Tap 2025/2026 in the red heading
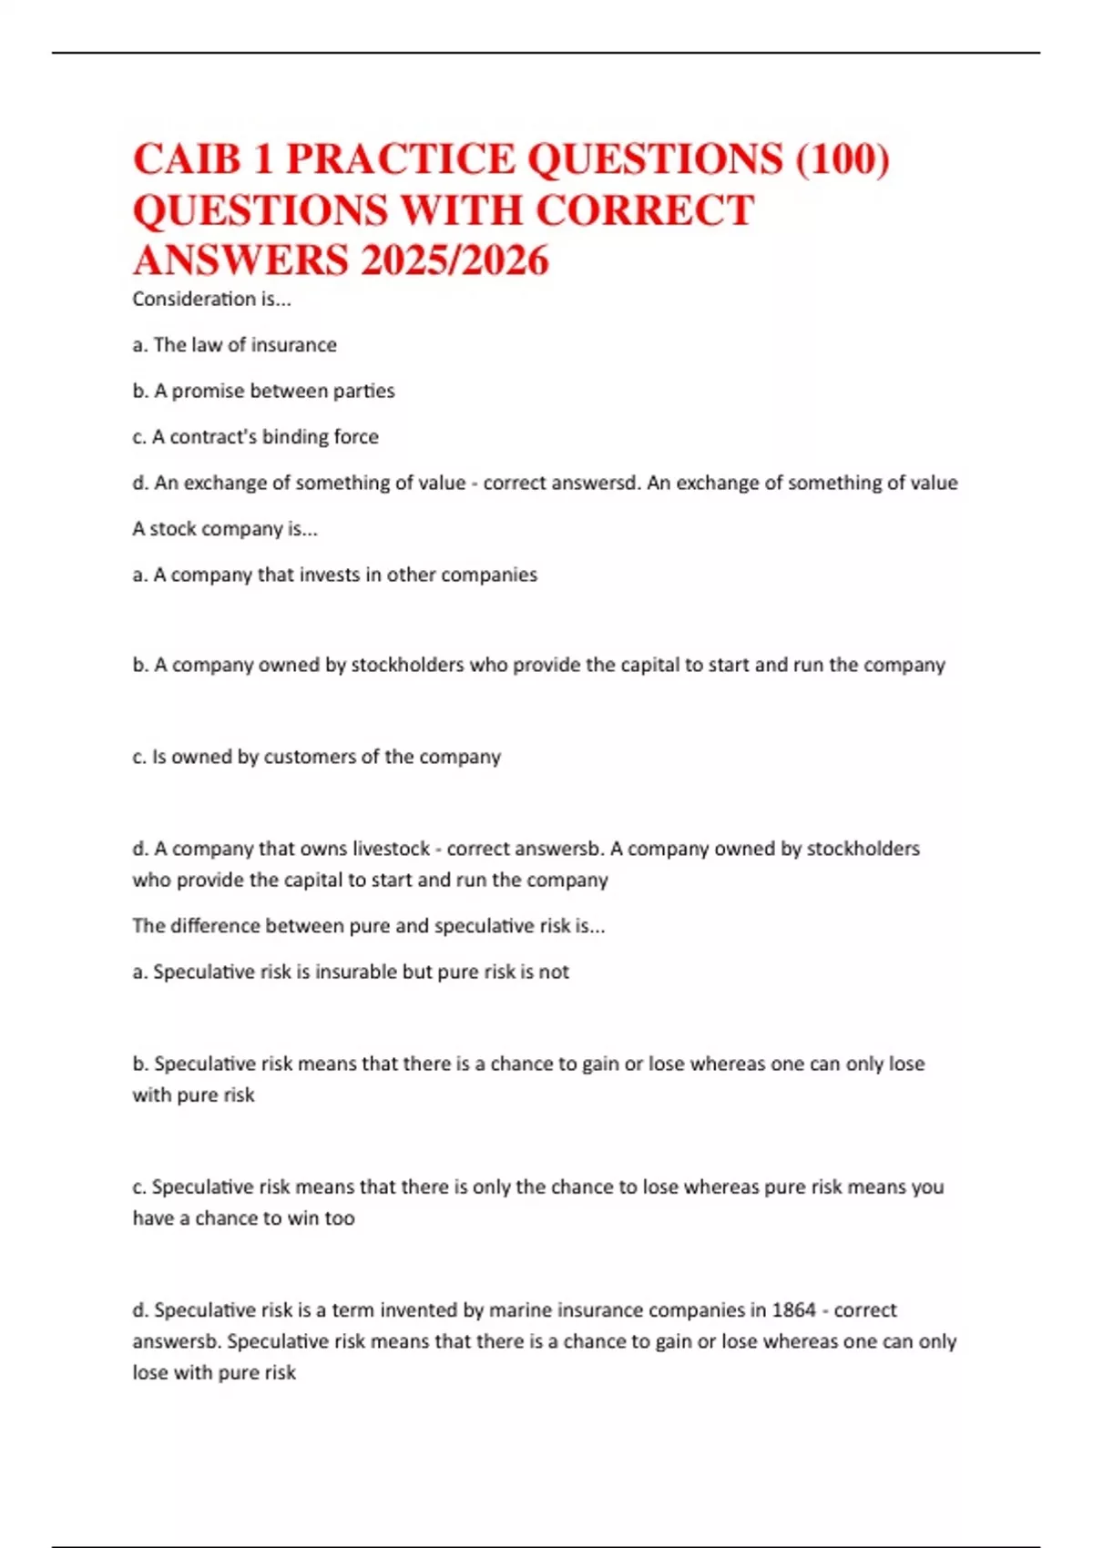(455, 260)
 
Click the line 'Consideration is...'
(211, 299)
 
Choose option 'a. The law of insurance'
(234, 345)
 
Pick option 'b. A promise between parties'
(263, 391)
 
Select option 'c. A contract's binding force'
(255, 437)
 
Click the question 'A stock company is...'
(225, 529)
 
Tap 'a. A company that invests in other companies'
(334, 575)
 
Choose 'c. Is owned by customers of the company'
(316, 757)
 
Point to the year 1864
(793, 1310)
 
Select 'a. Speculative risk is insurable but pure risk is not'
(351, 972)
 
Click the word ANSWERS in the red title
(240, 260)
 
